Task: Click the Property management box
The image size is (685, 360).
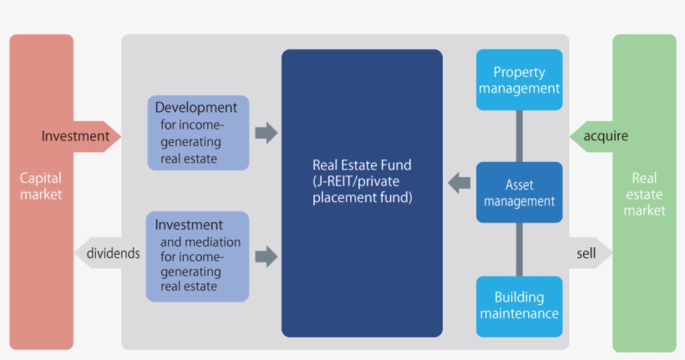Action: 519,80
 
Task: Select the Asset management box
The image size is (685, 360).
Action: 519,192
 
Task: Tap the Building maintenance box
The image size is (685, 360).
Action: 519,306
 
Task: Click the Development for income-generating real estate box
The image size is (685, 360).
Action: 198,133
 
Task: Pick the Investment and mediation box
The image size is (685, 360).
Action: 198,256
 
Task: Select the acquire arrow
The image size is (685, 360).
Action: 598,135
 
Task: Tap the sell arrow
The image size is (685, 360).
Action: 588,253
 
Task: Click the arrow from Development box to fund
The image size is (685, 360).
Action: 266,133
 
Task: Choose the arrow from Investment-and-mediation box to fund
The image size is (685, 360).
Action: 266,256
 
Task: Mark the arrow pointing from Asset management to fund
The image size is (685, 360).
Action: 459,182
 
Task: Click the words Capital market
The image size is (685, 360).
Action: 41,186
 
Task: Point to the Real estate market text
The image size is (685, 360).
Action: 644,194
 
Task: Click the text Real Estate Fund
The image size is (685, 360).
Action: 362,165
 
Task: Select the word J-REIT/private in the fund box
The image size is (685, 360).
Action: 354,182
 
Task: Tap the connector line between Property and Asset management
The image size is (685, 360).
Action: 519,136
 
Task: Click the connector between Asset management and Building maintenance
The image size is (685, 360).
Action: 519,249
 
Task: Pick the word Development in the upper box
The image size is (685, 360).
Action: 195,108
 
